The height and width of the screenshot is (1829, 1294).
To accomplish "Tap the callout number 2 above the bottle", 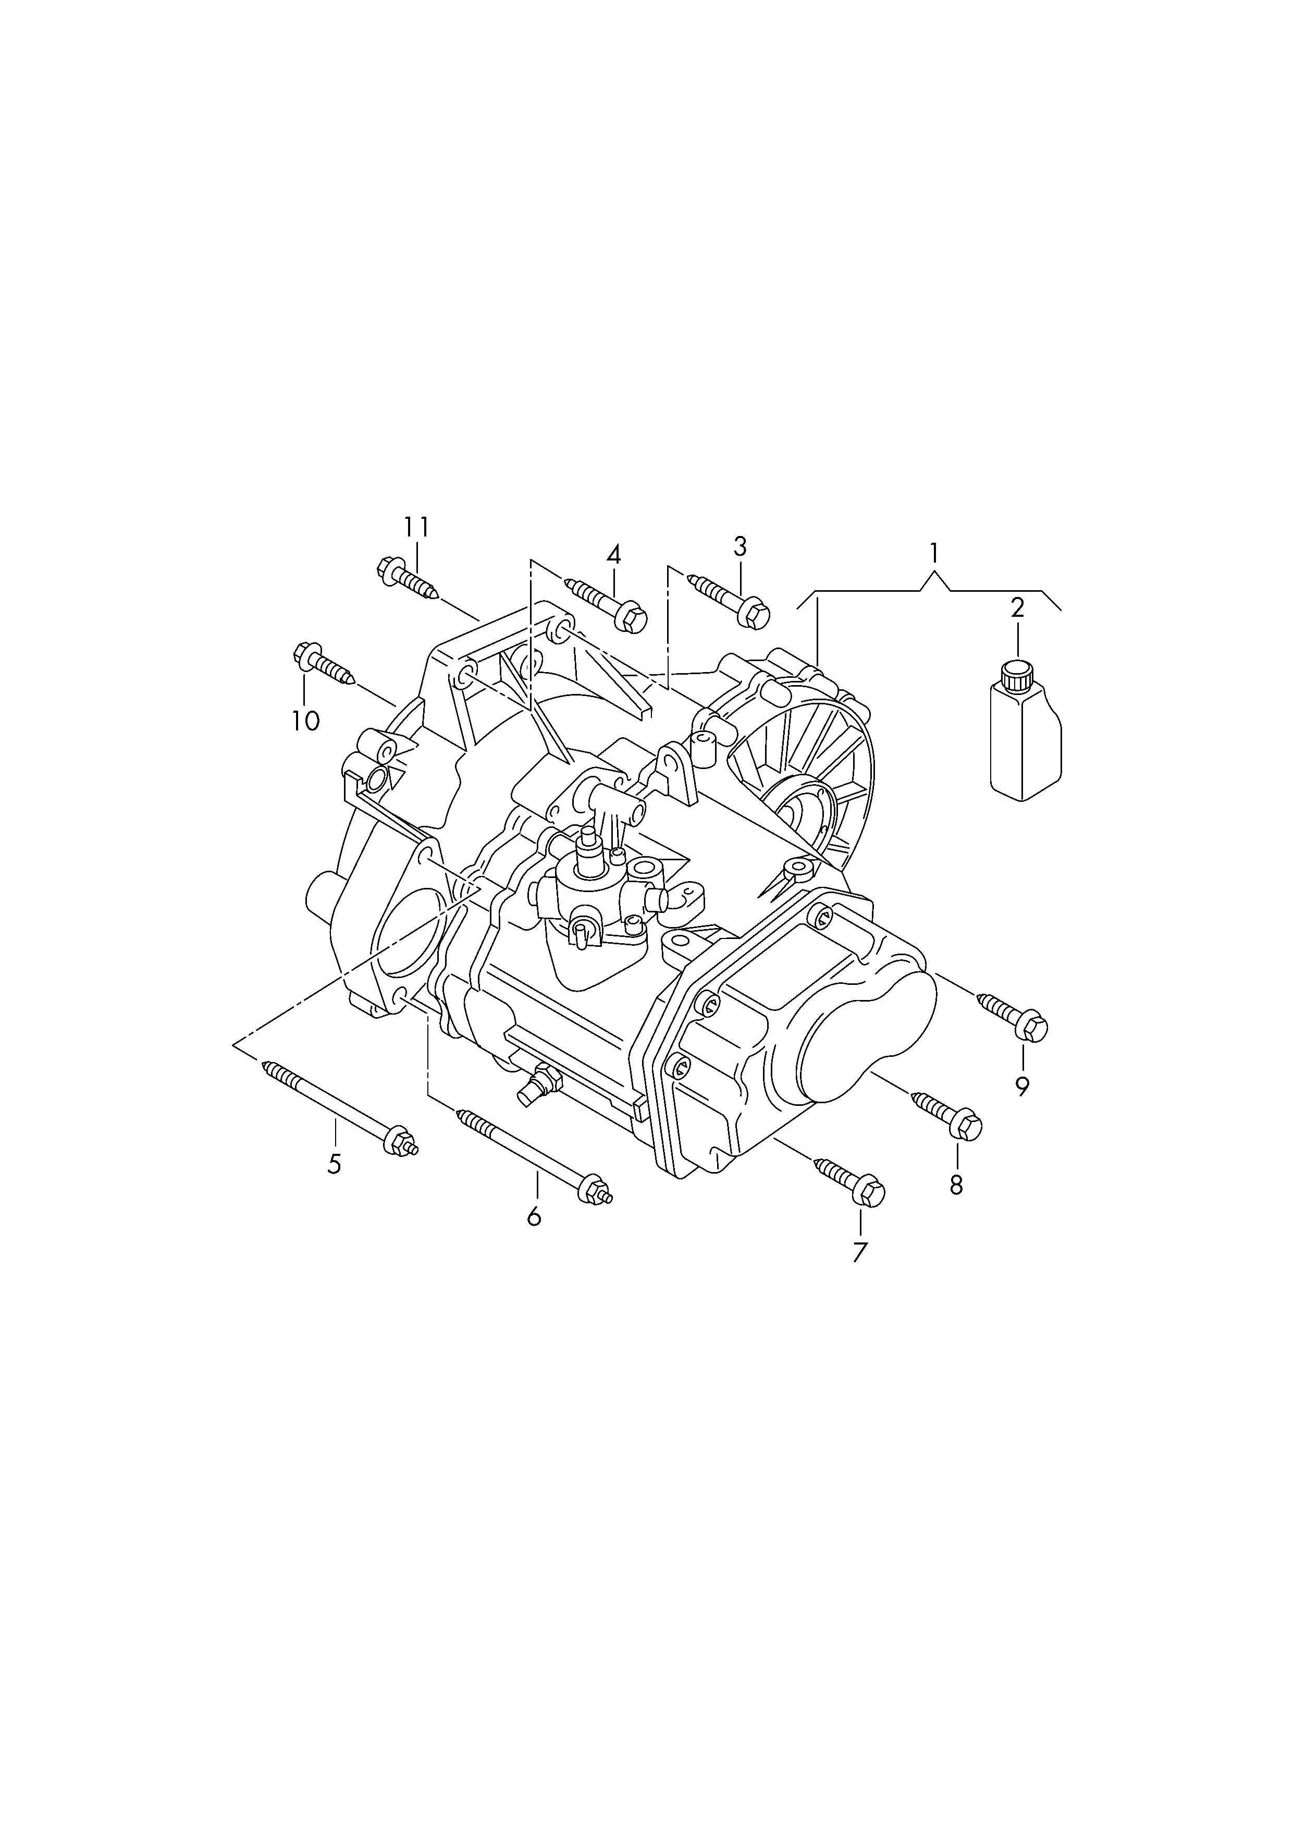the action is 1017,608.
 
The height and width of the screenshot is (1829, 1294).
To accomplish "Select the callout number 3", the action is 740,547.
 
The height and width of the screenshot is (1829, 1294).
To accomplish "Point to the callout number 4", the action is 613,555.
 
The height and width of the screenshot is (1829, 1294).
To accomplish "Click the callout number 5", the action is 335,1164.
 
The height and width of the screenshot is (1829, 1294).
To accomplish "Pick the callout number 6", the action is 534,1216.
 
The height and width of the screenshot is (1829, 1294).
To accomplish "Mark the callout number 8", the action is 956,1185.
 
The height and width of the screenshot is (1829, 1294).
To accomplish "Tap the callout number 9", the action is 1022,1086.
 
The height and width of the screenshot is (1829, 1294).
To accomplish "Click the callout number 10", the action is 306,721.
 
